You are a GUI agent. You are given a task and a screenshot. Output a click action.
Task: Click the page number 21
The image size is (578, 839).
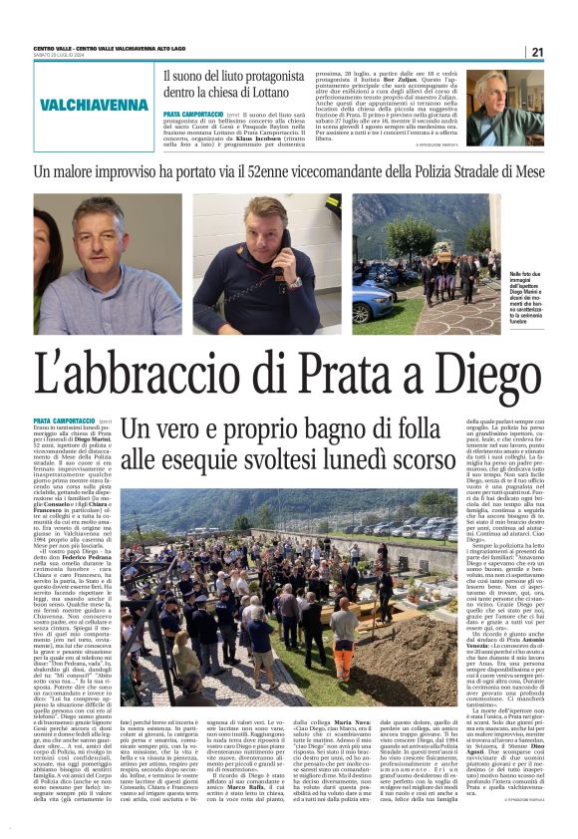[536, 53]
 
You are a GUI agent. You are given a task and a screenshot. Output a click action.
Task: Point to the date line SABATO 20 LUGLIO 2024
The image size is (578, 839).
[61, 56]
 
